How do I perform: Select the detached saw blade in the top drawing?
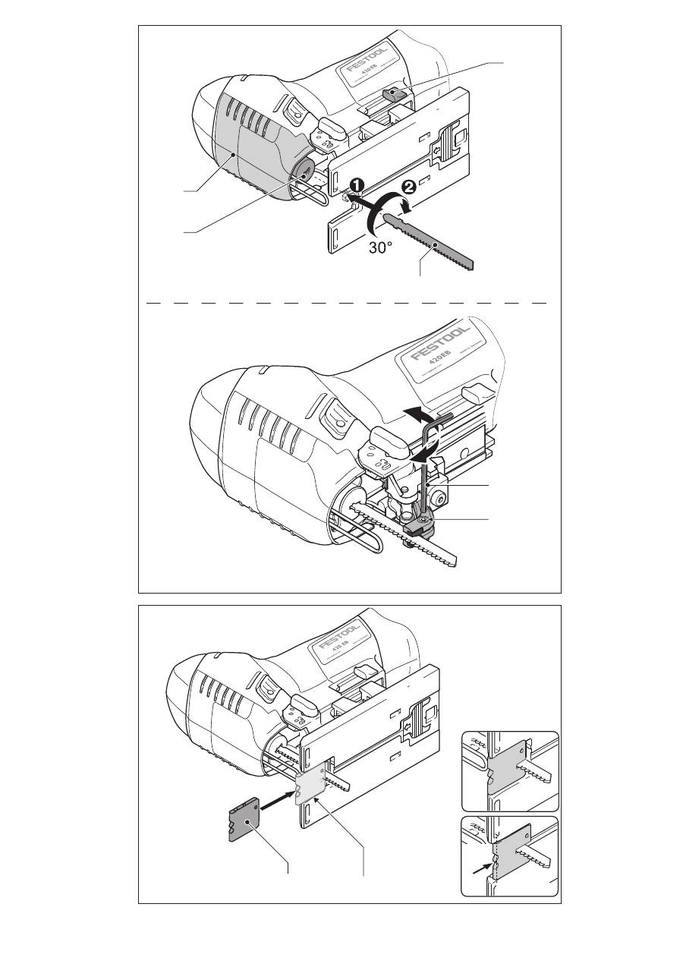click(429, 241)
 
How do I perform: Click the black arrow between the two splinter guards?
click(275, 802)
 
